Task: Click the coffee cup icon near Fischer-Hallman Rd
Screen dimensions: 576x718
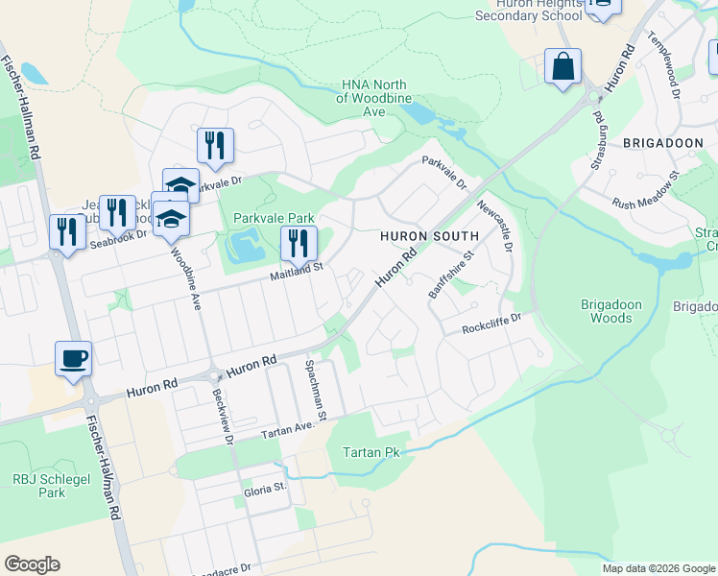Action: (74, 359)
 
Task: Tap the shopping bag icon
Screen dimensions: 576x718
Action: (563, 67)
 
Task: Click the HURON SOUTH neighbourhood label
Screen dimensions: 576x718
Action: (429, 236)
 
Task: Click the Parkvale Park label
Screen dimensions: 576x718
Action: (274, 218)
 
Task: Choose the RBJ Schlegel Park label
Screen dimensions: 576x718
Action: (38, 485)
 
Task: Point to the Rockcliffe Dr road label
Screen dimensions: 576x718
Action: (491, 323)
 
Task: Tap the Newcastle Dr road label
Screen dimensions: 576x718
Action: (495, 222)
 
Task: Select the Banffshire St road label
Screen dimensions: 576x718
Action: (452, 276)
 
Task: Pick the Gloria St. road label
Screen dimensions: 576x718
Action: (265, 488)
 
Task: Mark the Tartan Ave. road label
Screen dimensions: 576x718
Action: (288, 429)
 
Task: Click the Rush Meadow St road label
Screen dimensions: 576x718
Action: (645, 191)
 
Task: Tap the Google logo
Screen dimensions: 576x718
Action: (32, 564)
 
